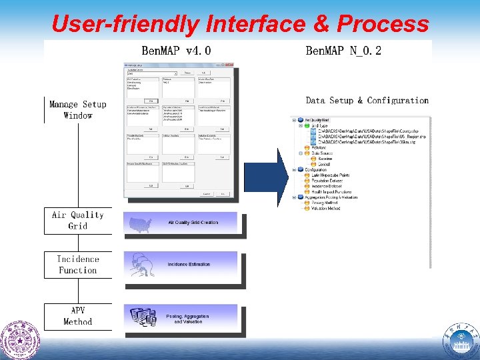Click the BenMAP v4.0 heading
coord(176,51)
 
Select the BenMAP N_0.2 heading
coord(343,51)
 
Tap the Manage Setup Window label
coord(78,110)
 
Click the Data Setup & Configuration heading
coord(367,101)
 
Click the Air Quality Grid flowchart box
coord(78,221)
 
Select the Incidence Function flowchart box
coord(78,265)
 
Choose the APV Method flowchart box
coord(78,316)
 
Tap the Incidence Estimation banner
coord(189,265)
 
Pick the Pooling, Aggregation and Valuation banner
coord(187,319)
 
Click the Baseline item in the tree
coord(325,158)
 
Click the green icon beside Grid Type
coord(306,125)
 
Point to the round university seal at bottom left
coord(20,340)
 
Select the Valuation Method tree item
coord(326,208)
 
